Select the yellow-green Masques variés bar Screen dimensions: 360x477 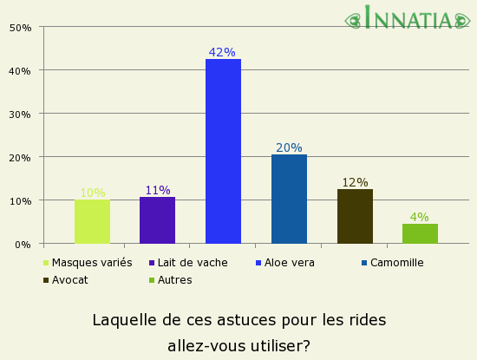(x=92, y=221)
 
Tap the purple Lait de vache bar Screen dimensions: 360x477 (x=157, y=220)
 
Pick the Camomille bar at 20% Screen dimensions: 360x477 (x=289, y=199)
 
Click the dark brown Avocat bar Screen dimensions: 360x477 (x=355, y=216)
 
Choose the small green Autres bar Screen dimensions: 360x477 (x=420, y=233)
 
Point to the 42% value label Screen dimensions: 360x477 (x=223, y=52)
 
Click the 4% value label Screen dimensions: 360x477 (x=420, y=217)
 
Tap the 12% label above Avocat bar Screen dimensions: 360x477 (x=355, y=182)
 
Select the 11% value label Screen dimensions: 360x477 (x=157, y=190)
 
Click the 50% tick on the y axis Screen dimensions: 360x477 (x=20, y=28)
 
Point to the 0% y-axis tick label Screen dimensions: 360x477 (x=23, y=245)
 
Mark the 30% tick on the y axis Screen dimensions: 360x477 (x=20, y=115)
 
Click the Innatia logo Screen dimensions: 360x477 (x=408, y=18)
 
